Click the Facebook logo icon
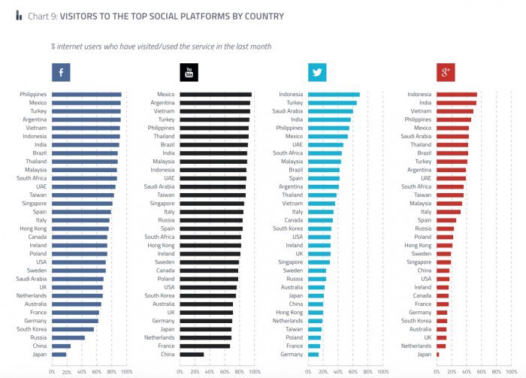point(61,72)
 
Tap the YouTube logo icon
point(189,72)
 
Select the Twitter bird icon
point(317,72)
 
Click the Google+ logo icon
point(446,72)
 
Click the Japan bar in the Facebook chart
point(59,354)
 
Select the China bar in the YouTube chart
point(192,354)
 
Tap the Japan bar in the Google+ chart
point(437,354)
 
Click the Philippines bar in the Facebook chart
point(86,95)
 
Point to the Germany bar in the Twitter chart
point(313,354)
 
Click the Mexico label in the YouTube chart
point(166,95)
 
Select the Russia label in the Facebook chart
point(38,337)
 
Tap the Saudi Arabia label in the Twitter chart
point(288,110)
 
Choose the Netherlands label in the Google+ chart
point(417,346)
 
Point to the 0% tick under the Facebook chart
point(53,371)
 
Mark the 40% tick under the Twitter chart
point(337,371)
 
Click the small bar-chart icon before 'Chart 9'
point(19,16)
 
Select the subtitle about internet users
point(161,47)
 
